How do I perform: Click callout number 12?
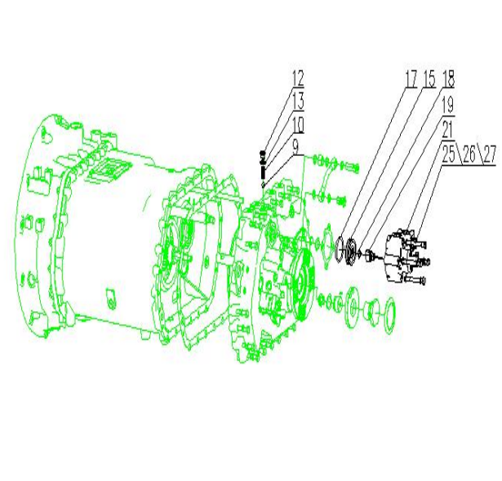click(x=298, y=79)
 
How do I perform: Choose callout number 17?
click(x=411, y=79)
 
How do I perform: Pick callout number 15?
click(x=429, y=79)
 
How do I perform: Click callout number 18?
click(x=448, y=79)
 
